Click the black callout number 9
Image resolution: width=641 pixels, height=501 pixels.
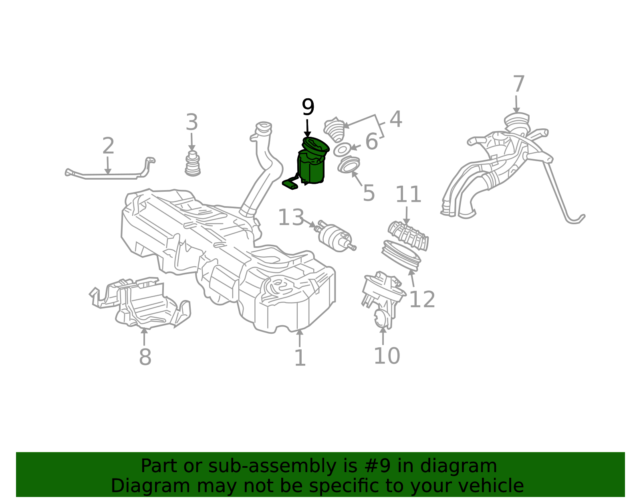308,107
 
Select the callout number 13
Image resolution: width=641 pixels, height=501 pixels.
291,217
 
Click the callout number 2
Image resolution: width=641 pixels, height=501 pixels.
108,146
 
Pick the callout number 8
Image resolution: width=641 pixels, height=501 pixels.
145,357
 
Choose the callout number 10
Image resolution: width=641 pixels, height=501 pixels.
387,356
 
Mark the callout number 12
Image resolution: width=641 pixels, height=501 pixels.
422,300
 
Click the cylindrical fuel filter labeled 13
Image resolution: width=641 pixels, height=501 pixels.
336,236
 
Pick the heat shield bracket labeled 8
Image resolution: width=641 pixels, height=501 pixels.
140,302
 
